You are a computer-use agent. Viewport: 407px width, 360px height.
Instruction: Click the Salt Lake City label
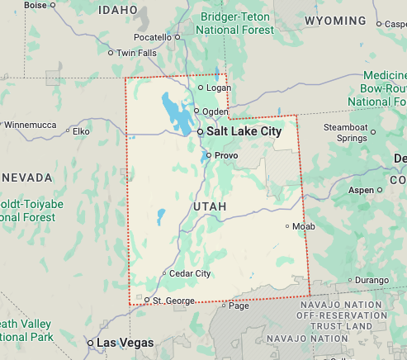click(x=244, y=131)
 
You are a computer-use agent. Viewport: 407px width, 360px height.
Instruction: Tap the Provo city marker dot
click(x=208, y=155)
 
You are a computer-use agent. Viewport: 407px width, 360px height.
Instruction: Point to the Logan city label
click(x=216, y=88)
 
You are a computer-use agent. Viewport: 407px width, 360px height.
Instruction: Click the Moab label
click(x=303, y=225)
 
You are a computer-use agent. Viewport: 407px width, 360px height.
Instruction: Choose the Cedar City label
click(x=191, y=273)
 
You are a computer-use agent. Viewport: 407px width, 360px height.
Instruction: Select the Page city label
click(x=239, y=306)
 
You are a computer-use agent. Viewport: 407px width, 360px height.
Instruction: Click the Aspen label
click(x=362, y=190)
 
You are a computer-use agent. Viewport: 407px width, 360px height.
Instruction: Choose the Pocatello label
click(x=152, y=37)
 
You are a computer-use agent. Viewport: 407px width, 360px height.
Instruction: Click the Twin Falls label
click(x=136, y=53)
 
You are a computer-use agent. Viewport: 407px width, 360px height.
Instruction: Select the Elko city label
click(x=81, y=130)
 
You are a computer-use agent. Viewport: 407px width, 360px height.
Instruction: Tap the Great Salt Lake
click(x=175, y=112)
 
